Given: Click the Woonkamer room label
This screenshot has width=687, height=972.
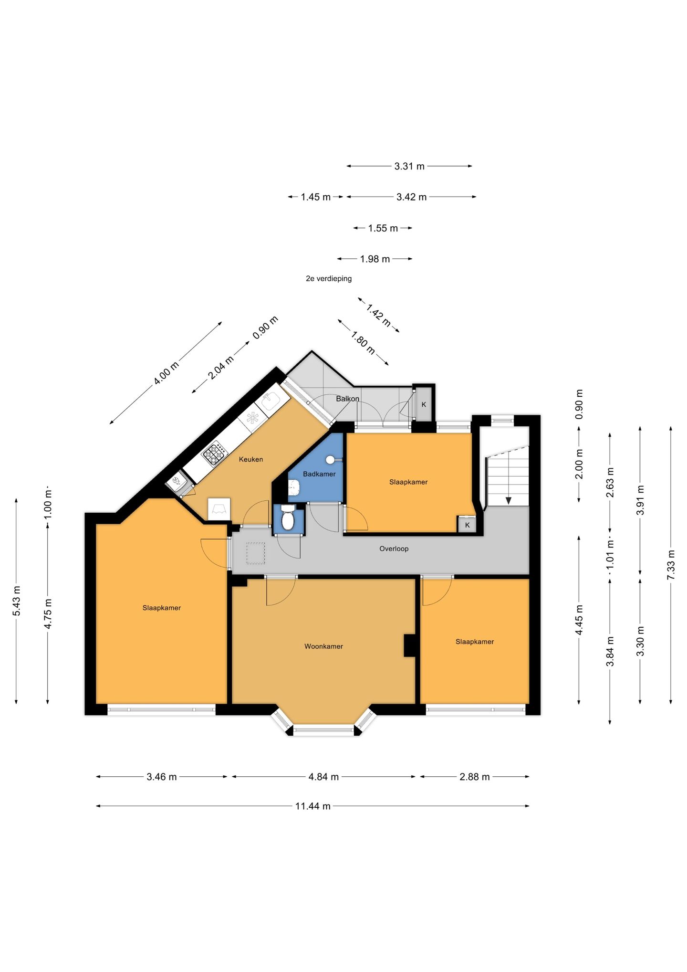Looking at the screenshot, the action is (323, 646).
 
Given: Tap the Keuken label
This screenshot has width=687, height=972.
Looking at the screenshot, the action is (251, 459).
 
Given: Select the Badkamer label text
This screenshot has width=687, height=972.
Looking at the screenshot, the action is (319, 474).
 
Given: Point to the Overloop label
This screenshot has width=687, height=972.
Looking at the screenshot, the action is (394, 549).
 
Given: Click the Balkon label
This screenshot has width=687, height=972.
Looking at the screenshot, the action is (347, 399).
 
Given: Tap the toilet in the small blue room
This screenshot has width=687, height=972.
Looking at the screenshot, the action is (288, 518).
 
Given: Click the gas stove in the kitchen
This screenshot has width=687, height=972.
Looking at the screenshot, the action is (215, 453).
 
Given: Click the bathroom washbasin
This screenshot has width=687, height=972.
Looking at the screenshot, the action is (294, 488).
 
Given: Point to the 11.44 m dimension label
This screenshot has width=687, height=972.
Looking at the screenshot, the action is (312, 806).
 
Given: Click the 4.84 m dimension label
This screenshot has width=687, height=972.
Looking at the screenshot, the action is (323, 777).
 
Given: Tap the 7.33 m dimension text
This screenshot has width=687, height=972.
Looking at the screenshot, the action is (671, 565).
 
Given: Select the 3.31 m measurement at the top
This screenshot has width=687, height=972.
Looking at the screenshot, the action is (409, 166).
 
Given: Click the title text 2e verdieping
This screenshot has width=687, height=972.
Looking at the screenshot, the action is (329, 278).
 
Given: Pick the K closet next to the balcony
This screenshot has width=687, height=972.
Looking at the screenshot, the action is (424, 404).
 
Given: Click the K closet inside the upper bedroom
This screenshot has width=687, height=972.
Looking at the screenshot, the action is (467, 525).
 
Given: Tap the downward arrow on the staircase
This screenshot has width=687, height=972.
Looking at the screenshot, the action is (509, 500).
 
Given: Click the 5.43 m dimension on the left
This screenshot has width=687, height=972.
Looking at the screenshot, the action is (16, 601).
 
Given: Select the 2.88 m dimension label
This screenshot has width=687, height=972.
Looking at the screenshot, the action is (475, 777).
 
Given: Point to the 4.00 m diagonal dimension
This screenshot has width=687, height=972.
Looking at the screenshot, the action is (166, 373).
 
